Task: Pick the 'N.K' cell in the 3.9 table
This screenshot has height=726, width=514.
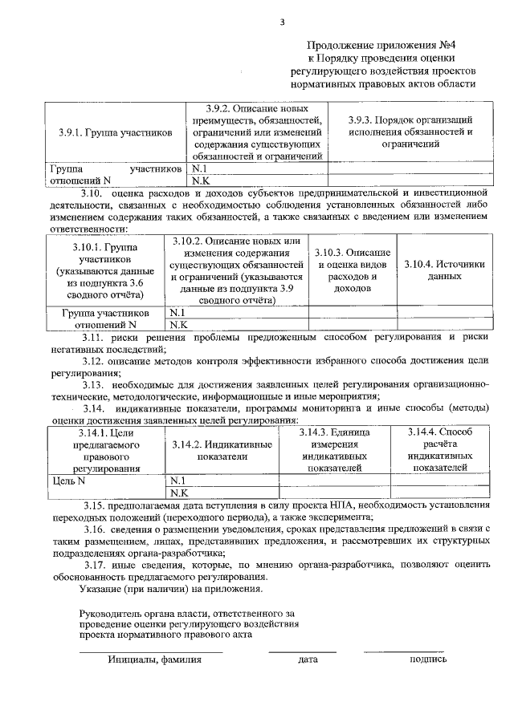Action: point(200,181)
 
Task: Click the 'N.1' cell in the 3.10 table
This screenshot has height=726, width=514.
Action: point(178,313)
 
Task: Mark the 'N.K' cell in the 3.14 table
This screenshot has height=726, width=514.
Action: point(178,493)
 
